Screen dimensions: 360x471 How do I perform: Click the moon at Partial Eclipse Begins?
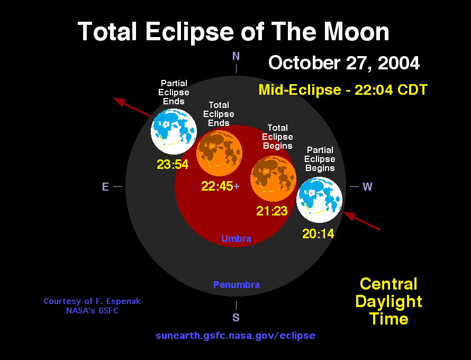[319, 200]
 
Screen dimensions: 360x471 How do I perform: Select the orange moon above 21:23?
[273, 178]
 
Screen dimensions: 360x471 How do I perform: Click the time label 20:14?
[318, 233]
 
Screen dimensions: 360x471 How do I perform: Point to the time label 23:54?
[173, 165]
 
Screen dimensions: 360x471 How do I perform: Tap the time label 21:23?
[272, 211]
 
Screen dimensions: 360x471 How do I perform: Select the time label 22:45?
[218, 186]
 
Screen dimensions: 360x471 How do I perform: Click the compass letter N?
[236, 56]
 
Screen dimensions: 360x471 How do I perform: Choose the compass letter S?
[236, 318]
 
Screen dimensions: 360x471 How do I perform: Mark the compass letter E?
[105, 187]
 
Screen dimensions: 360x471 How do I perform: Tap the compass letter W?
[367, 187]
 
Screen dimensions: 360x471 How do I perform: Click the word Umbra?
[236, 239]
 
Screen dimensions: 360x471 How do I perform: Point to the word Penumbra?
[236, 285]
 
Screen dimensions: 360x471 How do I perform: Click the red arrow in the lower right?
[363, 221]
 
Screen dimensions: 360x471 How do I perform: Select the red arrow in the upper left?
[132, 107]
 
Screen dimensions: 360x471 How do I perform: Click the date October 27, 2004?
[344, 63]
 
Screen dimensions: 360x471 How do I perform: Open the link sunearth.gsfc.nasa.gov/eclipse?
[235, 336]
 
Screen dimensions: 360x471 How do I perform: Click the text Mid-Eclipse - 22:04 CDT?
[343, 89]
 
